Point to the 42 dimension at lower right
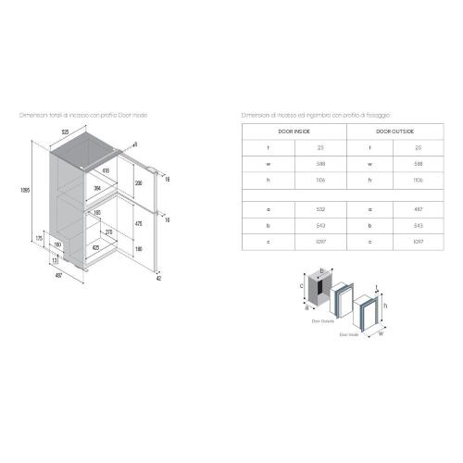point(158,275)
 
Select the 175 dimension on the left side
point(38,237)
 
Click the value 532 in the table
point(318,210)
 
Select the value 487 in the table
point(419,210)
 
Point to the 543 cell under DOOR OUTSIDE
point(419,225)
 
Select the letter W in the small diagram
point(382,336)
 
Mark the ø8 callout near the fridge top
point(134,144)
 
